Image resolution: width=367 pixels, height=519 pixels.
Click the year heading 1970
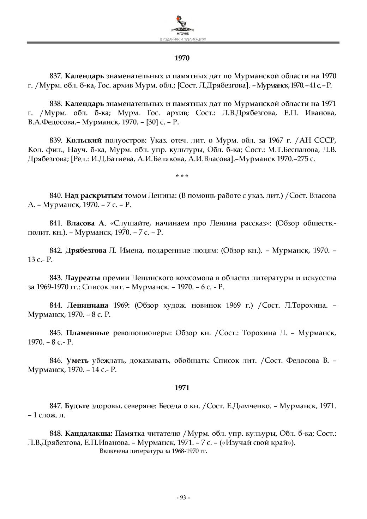click(x=182, y=58)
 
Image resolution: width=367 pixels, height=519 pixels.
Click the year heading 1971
click(x=182, y=388)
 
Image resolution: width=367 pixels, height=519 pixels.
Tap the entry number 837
click(x=56, y=76)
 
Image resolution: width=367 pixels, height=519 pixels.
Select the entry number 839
click(x=56, y=140)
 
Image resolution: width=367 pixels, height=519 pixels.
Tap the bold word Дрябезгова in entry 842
click(x=86, y=251)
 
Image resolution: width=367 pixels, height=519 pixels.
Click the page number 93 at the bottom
click(x=183, y=497)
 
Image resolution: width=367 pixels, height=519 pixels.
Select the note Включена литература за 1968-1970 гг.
click(x=153, y=451)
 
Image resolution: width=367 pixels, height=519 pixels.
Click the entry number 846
click(x=56, y=360)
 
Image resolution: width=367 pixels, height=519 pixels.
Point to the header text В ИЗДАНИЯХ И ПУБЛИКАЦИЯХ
click(x=183, y=40)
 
